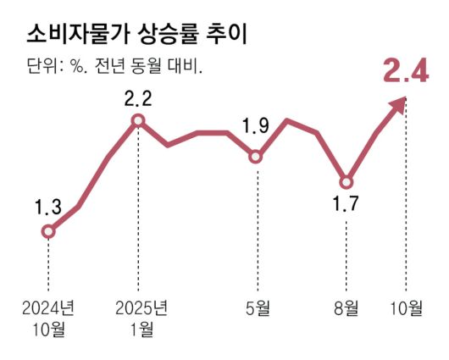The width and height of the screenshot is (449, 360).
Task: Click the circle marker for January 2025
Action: click(138, 121)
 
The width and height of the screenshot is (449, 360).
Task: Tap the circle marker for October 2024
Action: click(48, 230)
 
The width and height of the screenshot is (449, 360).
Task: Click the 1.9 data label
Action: click(255, 127)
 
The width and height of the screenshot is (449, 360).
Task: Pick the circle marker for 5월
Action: click(256, 156)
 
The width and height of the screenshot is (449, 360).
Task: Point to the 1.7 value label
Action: click(346, 205)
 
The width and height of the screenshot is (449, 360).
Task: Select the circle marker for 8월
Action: click(346, 181)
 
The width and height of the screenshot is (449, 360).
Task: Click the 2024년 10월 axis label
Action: click(48, 316)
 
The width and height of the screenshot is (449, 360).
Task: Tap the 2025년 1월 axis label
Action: click(138, 316)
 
